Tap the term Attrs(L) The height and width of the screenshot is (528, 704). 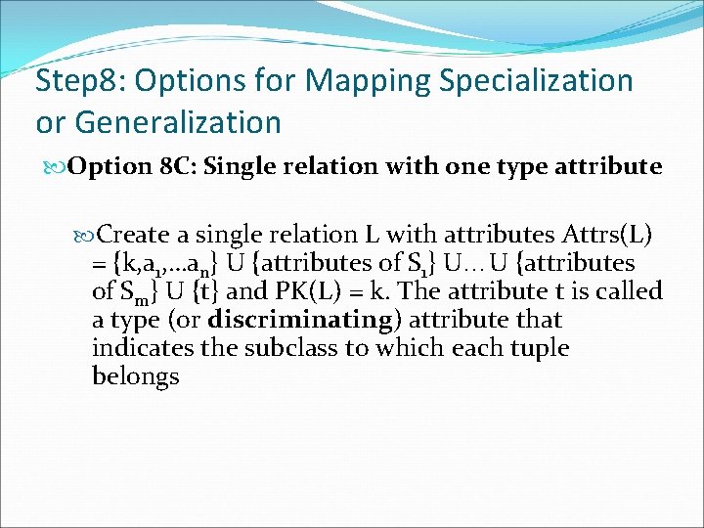607,235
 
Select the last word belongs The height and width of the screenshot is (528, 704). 136,376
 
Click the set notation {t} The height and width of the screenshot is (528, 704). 203,291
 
